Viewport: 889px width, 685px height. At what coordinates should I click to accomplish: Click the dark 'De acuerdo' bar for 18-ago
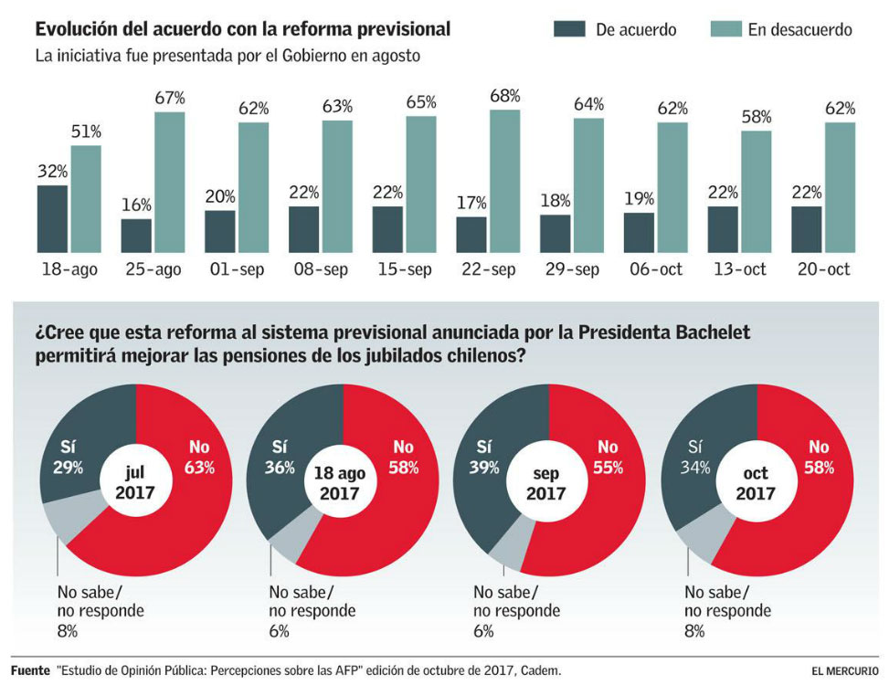click(52, 219)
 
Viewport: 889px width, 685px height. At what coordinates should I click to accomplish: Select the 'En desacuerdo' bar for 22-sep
click(505, 181)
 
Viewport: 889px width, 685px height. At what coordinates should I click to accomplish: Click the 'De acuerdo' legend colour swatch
click(569, 29)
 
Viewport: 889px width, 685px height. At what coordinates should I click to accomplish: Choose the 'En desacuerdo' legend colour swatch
click(725, 29)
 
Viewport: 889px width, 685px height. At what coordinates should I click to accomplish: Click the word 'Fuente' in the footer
click(30, 670)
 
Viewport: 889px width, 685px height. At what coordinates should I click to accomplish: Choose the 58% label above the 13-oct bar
click(757, 117)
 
